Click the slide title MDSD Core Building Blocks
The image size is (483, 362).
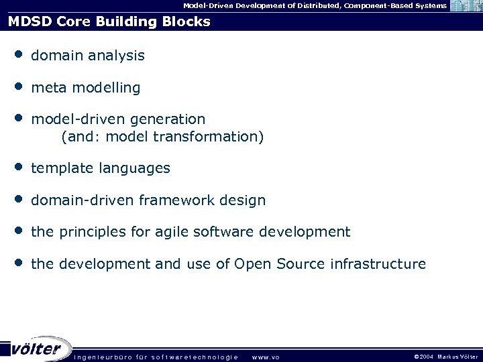coord(109,21)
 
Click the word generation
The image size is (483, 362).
coord(168,119)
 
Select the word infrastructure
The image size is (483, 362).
coord(378,264)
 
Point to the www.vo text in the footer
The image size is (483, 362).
coord(265,357)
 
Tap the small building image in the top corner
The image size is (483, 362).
coord(465,6)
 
